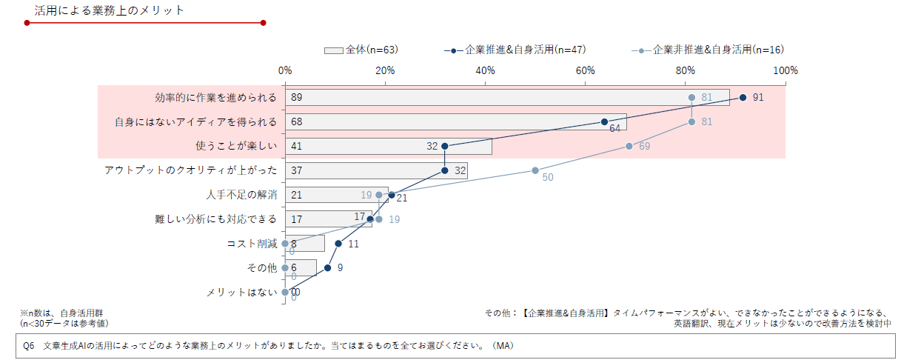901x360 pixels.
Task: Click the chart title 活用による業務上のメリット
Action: [x=110, y=10]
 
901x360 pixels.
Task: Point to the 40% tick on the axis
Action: [x=485, y=70]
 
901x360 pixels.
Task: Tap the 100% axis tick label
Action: [x=785, y=70]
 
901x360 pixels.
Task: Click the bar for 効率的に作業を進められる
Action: [x=507, y=98]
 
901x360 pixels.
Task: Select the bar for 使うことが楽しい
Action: [x=388, y=147]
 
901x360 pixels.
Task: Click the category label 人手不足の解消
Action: [x=241, y=195]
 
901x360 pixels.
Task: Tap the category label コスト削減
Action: [x=252, y=244]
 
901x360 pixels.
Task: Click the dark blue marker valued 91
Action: [x=743, y=97]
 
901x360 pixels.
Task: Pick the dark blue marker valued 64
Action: [x=604, y=121]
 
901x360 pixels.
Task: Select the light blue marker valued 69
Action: [x=629, y=146]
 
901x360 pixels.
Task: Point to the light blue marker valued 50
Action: [x=535, y=170]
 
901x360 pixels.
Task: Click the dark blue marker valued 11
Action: [x=338, y=243]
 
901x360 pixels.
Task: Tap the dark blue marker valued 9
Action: [x=327, y=267]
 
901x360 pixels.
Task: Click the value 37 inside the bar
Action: [x=297, y=171]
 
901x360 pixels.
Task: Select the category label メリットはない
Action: [x=241, y=293]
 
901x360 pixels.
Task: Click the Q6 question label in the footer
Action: [x=29, y=346]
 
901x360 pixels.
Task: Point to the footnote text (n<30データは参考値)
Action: [x=64, y=324]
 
